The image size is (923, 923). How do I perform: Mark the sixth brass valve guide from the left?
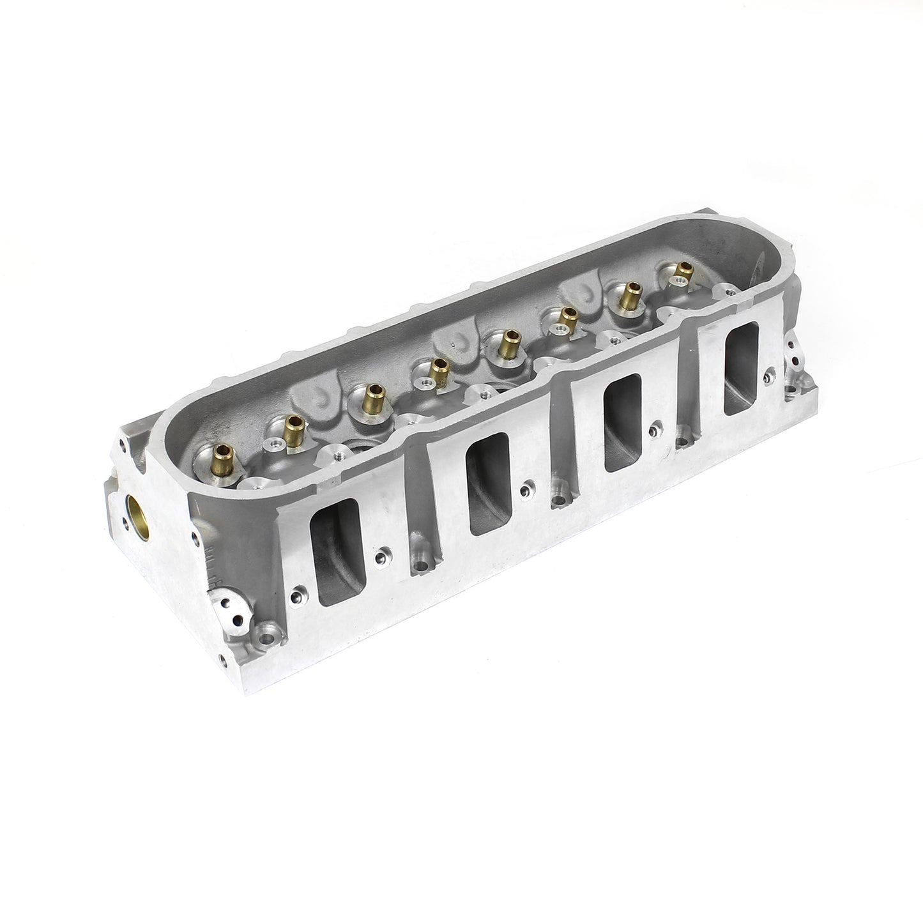(565, 317)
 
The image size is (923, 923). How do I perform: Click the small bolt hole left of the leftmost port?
(294, 598)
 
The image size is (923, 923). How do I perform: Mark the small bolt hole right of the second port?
(525, 491)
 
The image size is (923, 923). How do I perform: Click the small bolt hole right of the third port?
(655, 429)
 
